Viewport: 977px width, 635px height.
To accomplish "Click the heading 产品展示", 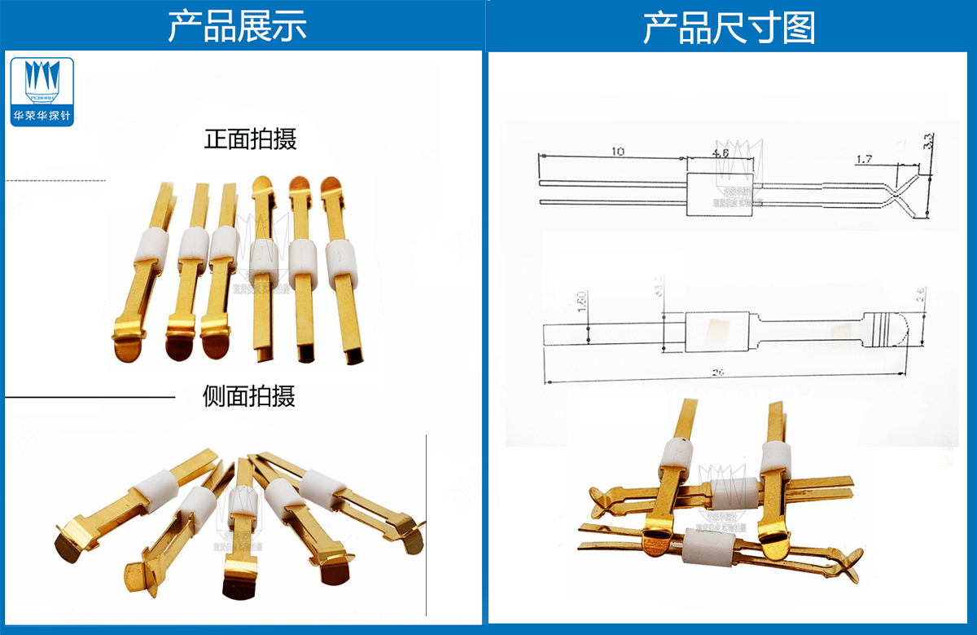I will coord(237,27).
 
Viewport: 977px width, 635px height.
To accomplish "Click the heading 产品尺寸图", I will coord(729,28).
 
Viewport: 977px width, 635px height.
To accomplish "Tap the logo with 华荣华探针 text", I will coord(42,91).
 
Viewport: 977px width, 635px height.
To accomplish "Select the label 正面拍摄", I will coord(250,139).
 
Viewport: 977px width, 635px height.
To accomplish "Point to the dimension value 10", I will coord(619,152).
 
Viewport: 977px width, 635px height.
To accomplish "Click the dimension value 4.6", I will coord(721,152).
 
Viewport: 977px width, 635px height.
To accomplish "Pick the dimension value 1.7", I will coord(864,160).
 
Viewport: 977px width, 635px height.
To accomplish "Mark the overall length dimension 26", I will coord(719,373).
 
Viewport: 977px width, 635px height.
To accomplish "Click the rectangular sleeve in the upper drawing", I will coord(719,195).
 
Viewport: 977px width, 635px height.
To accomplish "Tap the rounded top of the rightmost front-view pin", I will coord(331,186).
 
